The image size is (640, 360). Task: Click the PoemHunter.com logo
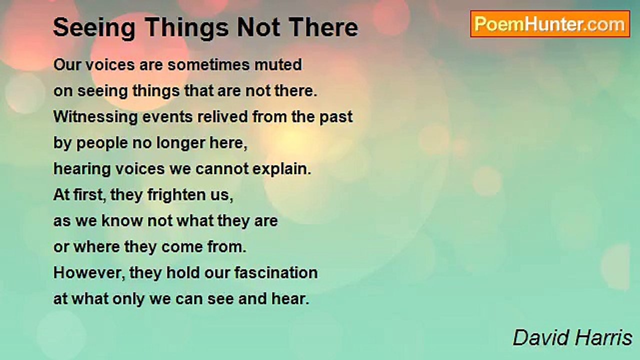(550, 24)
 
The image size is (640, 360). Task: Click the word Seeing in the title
(94, 28)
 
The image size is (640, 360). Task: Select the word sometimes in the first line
(208, 64)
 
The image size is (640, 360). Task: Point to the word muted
(278, 64)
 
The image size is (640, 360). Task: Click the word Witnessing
(95, 117)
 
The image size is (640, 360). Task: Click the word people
(102, 143)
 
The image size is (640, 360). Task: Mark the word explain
(281, 169)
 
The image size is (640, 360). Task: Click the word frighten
(176, 195)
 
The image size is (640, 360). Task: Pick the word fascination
(276, 273)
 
